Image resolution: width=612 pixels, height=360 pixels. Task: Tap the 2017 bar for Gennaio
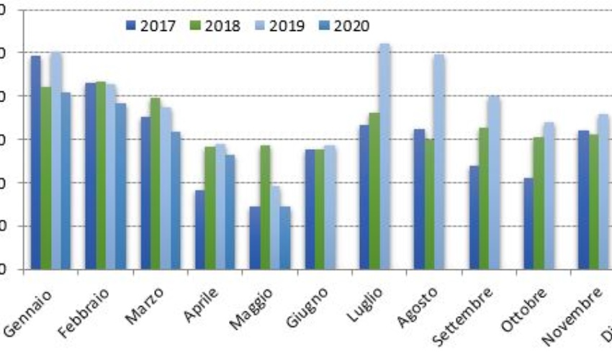click(x=35, y=162)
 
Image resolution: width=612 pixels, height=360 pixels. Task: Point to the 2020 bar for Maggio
click(x=284, y=238)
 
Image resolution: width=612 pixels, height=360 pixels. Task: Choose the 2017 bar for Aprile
click(x=199, y=230)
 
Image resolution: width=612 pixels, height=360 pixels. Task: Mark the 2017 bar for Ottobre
click(x=528, y=223)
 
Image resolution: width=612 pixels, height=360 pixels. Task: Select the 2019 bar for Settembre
click(x=494, y=183)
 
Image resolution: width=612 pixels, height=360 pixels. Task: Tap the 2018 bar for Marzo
click(x=155, y=184)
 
